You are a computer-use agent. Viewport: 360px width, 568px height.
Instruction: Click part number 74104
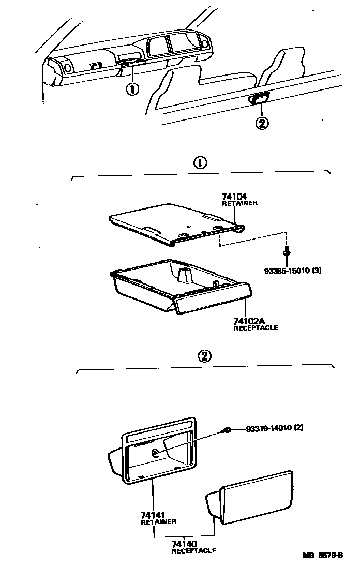[234, 197]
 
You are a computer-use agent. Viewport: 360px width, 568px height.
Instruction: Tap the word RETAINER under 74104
[239, 203]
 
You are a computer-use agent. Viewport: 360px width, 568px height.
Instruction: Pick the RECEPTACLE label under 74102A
[256, 328]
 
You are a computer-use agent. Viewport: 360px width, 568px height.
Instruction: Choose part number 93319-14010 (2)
[274, 428]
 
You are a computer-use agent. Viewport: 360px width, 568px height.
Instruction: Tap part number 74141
[153, 515]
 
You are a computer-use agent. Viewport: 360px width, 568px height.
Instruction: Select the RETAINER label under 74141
[158, 522]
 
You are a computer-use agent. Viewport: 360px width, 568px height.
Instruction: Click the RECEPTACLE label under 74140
[193, 551]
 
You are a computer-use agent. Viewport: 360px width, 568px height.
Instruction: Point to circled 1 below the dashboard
[132, 88]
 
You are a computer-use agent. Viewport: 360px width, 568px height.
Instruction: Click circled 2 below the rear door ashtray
[262, 123]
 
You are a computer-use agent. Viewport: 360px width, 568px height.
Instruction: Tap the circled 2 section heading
[205, 356]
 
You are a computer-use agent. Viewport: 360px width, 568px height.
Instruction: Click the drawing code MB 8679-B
[323, 556]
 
